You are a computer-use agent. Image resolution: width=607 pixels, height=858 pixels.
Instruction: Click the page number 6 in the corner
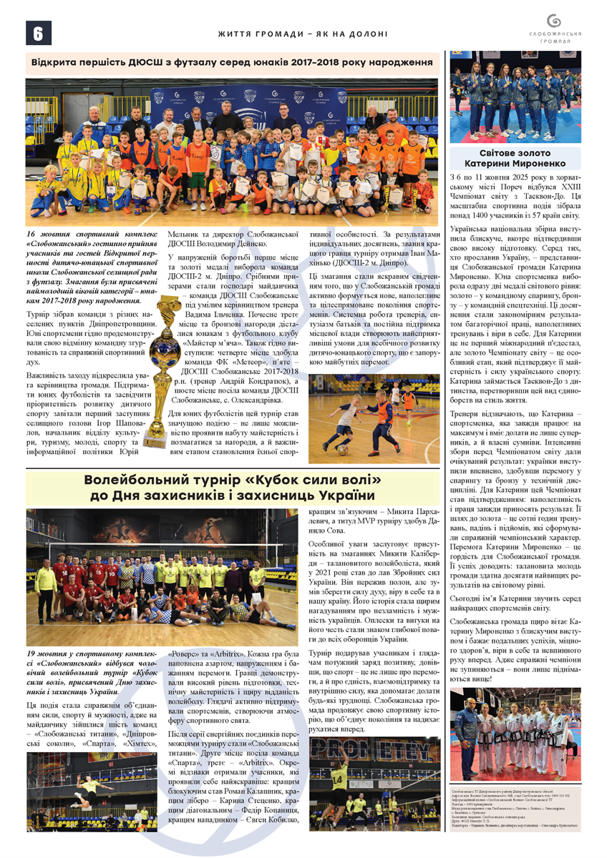[37, 33]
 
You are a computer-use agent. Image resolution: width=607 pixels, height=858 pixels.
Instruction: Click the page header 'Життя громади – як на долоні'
[303, 34]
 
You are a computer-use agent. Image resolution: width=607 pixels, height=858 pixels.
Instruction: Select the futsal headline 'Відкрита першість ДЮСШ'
[233, 63]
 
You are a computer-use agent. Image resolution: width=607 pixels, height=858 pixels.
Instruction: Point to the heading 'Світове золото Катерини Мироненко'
[515, 157]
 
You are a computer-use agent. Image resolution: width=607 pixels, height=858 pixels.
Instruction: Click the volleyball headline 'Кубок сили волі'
[233, 487]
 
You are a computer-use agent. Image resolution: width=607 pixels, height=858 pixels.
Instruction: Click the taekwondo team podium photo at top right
[515, 97]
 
